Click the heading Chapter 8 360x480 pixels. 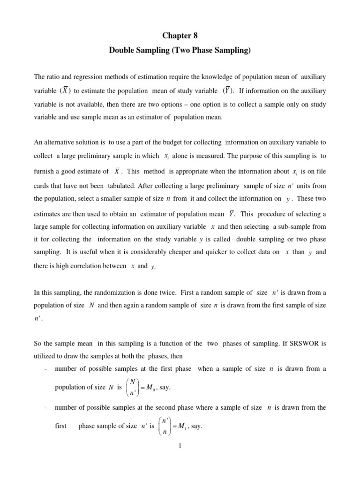[180, 36]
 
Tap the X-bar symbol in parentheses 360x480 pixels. [67, 90]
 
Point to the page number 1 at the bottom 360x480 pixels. [180, 445]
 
